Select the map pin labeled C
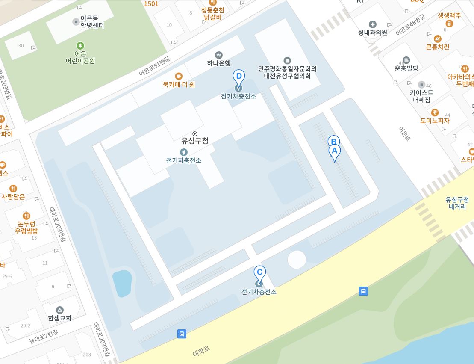click(259, 273)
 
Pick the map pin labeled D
click(239, 77)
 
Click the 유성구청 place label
click(195, 140)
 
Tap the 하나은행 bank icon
click(219, 55)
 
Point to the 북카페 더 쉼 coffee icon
click(179, 76)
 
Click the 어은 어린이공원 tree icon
click(80, 45)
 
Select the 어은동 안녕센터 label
click(92, 22)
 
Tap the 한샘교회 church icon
click(60, 310)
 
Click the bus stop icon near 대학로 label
click(182, 334)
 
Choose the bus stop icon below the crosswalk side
click(363, 291)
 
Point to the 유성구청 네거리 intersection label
click(457, 203)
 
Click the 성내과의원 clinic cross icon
click(372, 24)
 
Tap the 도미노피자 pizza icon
click(435, 112)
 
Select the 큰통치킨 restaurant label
click(437, 47)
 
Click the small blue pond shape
click(121, 282)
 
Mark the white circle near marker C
click(297, 260)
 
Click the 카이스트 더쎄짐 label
click(421, 96)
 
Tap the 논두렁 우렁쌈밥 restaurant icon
click(26, 216)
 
